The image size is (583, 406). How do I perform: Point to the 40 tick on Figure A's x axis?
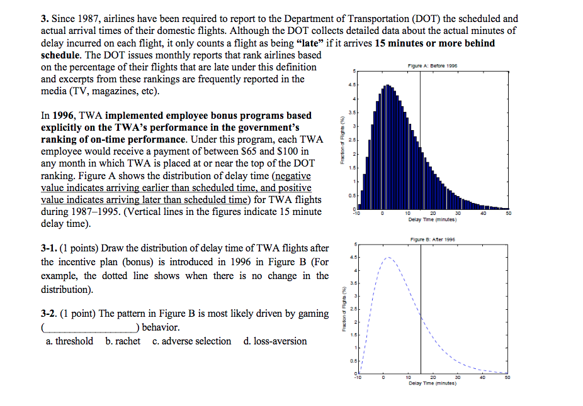click(x=482, y=214)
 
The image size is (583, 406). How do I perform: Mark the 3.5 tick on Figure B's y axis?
click(x=355, y=283)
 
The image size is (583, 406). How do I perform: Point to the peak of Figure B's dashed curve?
click(x=388, y=257)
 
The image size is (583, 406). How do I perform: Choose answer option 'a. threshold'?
click(x=70, y=341)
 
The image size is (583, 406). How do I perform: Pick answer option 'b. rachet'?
click(x=123, y=341)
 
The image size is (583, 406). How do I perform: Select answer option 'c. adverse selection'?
click(x=192, y=341)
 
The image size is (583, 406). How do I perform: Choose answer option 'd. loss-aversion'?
click(x=275, y=341)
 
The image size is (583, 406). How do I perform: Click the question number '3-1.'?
click(x=50, y=248)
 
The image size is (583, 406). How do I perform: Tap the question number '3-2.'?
click(x=50, y=314)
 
